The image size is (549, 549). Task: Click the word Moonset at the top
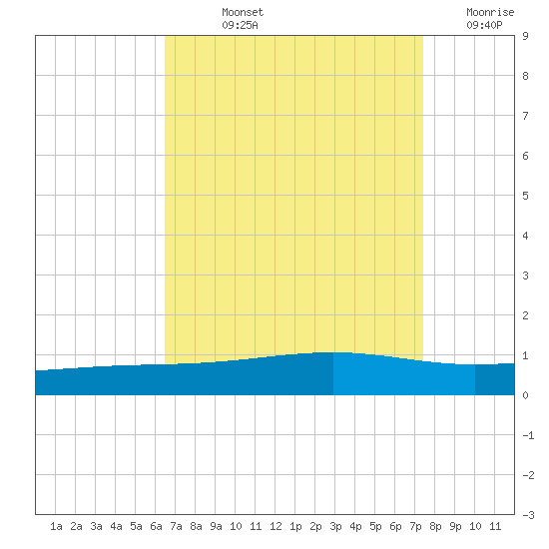pyautogui.click(x=243, y=12)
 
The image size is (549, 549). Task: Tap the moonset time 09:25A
pyautogui.click(x=240, y=25)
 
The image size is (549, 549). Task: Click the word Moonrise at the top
pyautogui.click(x=490, y=12)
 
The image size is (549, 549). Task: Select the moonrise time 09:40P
pyautogui.click(x=484, y=25)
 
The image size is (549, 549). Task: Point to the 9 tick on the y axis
pyautogui.click(x=525, y=36)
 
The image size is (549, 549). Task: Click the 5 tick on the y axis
pyautogui.click(x=525, y=196)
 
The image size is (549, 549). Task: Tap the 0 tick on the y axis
pyautogui.click(x=525, y=395)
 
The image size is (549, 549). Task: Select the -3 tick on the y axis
pyautogui.click(x=528, y=515)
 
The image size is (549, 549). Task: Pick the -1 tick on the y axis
pyautogui.click(x=528, y=435)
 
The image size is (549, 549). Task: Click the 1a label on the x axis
pyautogui.click(x=56, y=526)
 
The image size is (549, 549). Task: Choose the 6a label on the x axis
pyautogui.click(x=156, y=526)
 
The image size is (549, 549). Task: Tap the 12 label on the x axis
pyautogui.click(x=275, y=526)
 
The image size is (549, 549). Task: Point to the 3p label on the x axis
pyautogui.click(x=335, y=527)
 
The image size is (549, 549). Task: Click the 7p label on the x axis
pyautogui.click(x=415, y=527)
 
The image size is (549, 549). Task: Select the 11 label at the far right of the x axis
pyautogui.click(x=495, y=526)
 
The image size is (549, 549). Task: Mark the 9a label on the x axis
pyautogui.click(x=216, y=526)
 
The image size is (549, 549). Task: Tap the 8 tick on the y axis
pyautogui.click(x=525, y=76)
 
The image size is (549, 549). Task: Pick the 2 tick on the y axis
pyautogui.click(x=525, y=315)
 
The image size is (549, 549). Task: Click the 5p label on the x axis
pyautogui.click(x=375, y=527)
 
